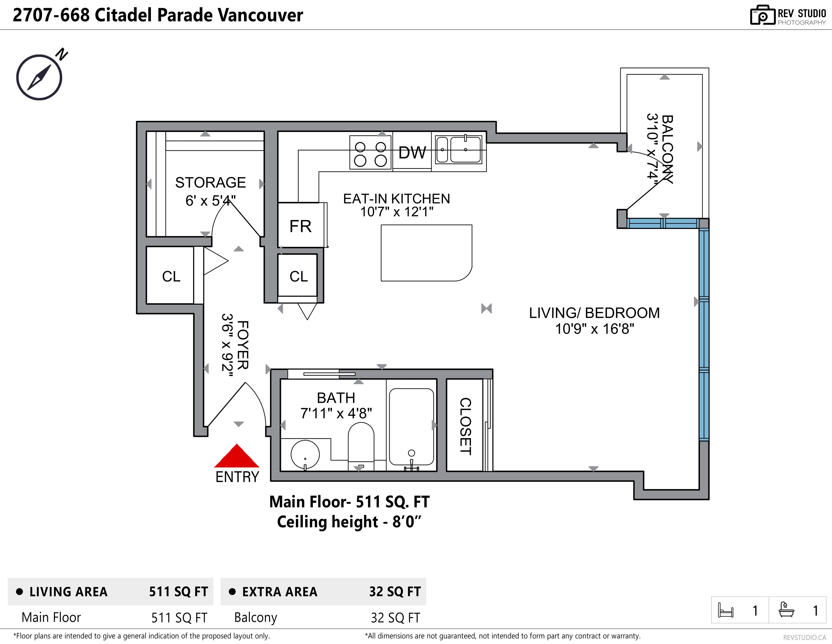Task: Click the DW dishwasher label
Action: coord(412,152)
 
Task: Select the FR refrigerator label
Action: coord(301,226)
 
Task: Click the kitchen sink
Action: coord(459,150)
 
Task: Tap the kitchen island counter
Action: coord(426,253)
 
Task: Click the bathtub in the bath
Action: coord(412,427)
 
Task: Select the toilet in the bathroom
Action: coord(361,446)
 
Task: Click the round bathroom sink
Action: coord(305,454)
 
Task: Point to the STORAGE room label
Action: coord(210,183)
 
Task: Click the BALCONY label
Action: coord(667,149)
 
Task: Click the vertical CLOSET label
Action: coord(465,426)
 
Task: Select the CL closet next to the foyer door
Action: coord(171,276)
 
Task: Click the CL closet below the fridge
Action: coord(299,276)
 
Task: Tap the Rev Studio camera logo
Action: coord(762,15)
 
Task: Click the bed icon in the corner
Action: coord(725,610)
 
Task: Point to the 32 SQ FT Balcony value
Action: coord(395,618)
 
